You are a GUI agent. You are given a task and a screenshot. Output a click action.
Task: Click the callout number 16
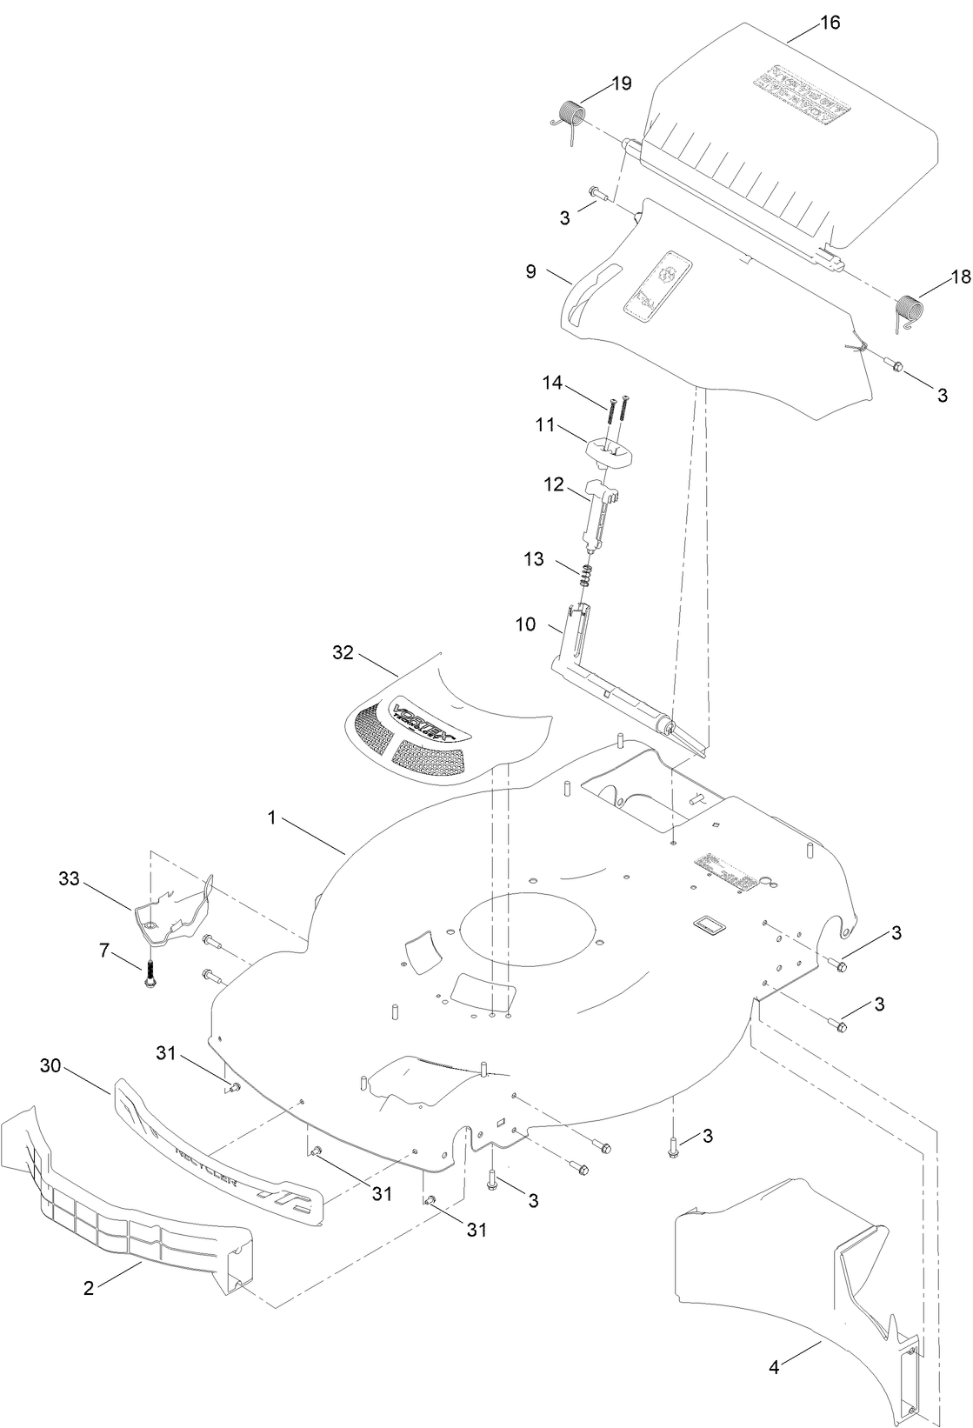830,23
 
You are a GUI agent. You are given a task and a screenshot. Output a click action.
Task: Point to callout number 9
531,270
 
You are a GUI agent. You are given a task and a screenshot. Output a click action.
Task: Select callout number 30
50,1065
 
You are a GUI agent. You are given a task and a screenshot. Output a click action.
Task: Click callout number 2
88,1289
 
